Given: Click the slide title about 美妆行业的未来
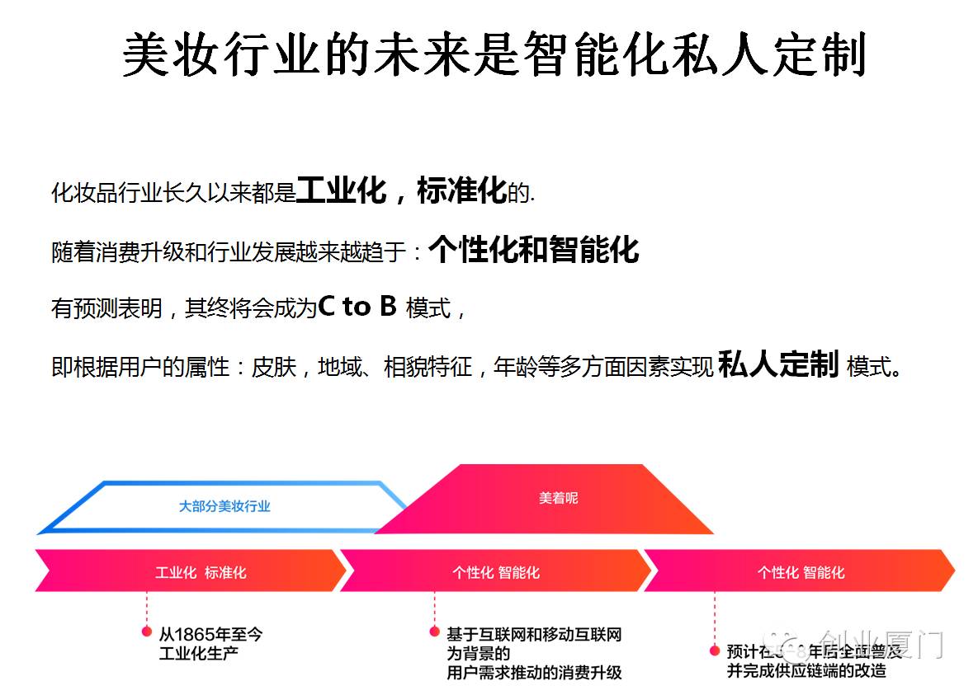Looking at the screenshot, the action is pos(494,56).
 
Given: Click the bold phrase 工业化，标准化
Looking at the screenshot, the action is pos(400,190).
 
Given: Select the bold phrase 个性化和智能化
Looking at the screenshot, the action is pos(533,249).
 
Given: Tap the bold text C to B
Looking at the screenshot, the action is pos(357,307).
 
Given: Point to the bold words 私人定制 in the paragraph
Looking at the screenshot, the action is pos(778,364).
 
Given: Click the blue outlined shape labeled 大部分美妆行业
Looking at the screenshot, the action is pos(224,506).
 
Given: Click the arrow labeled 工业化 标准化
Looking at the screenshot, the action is pos(201,572).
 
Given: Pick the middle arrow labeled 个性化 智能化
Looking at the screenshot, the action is pos(495,572).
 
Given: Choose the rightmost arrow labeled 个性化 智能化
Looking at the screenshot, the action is pos(801,572).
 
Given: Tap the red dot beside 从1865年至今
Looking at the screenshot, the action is pos(147,632).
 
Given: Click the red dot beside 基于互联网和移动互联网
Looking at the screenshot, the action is pos(434,632).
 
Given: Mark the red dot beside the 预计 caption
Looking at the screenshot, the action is pos(715,650).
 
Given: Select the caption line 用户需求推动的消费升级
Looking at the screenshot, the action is pos(533,673).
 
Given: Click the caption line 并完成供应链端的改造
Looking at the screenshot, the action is pos(806,670).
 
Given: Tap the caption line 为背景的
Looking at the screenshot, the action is pos(478,654).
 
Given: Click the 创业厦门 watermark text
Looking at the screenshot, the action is pos(880,644).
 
